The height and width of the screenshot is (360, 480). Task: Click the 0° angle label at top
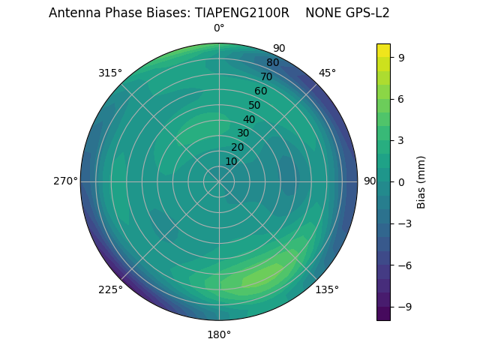pyautogui.click(x=219, y=28)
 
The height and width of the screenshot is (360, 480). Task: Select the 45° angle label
pyautogui.click(x=327, y=73)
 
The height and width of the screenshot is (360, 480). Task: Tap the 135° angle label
pyautogui.click(x=327, y=289)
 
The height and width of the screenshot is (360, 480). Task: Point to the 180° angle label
pyautogui.click(x=219, y=334)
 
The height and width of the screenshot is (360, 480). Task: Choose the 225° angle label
pyautogui.click(x=110, y=289)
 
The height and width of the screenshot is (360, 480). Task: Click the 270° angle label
pyautogui.click(x=65, y=181)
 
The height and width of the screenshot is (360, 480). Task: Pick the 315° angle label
pyautogui.click(x=110, y=73)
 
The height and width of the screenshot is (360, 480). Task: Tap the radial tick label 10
pyautogui.click(x=231, y=161)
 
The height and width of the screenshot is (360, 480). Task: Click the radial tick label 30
pyautogui.click(x=243, y=133)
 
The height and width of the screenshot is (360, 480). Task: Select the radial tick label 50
pyautogui.click(x=254, y=105)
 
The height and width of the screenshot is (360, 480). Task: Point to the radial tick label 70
pyautogui.click(x=266, y=76)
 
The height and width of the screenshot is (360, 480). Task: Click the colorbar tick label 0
pyautogui.click(x=402, y=181)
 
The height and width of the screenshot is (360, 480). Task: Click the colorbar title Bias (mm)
pyautogui.click(x=421, y=181)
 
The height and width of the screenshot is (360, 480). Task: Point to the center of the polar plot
pyautogui.click(x=219, y=181)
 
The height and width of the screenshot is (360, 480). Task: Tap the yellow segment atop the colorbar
pyautogui.click(x=383, y=50)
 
